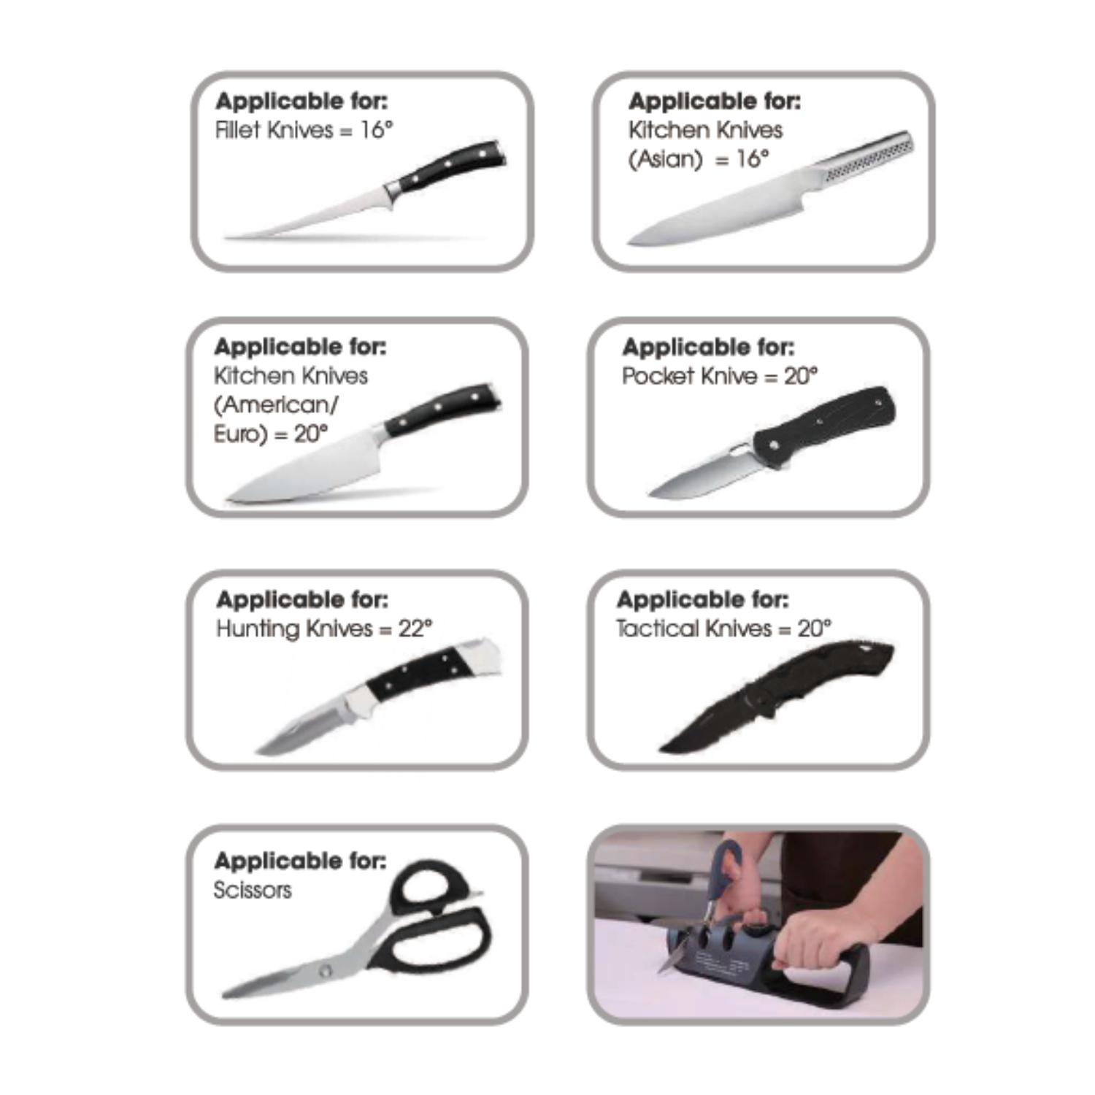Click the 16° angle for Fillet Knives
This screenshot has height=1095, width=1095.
[377, 130]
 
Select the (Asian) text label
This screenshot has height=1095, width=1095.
[665, 158]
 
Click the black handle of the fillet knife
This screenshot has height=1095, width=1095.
[449, 166]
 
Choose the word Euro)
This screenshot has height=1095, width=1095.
[240, 434]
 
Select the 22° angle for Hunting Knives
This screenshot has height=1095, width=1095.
[415, 629]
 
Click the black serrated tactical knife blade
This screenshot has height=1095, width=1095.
[715, 723]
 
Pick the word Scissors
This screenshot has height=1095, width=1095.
[252, 890]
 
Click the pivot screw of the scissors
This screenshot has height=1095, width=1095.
[325, 970]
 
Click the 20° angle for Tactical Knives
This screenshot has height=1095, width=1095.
[814, 629]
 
